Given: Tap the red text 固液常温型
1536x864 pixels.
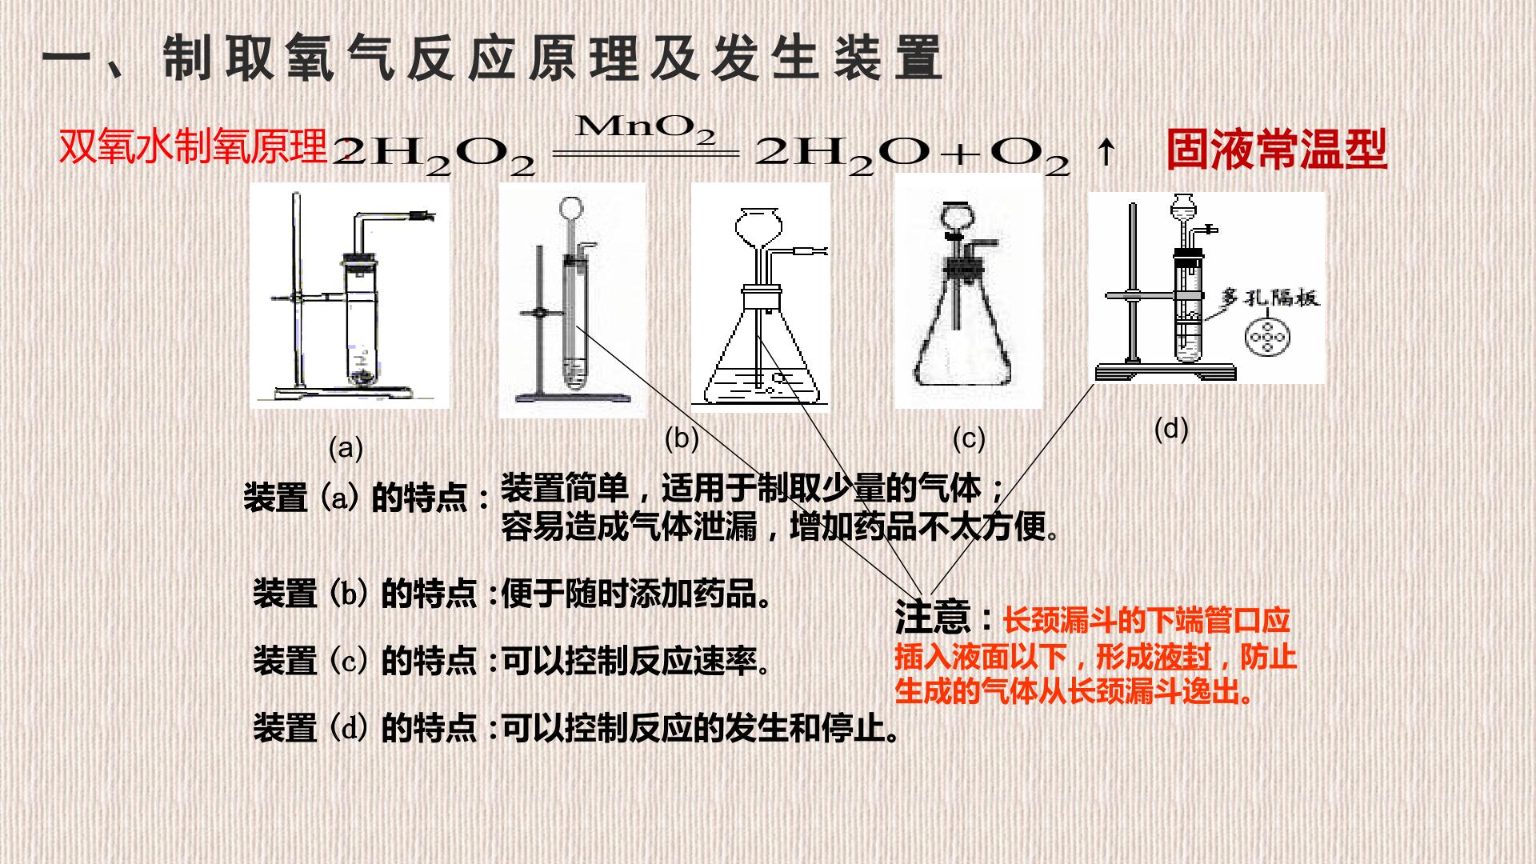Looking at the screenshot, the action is point(1276,150).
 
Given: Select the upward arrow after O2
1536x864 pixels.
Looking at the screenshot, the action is point(1106,151).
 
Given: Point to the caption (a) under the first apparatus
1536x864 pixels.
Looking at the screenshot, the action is point(346,447).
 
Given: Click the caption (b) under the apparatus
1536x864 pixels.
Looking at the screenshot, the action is point(682,438).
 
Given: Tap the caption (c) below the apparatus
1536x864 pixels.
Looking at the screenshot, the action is point(969,438).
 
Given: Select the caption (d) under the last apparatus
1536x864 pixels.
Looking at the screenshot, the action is point(1171,429).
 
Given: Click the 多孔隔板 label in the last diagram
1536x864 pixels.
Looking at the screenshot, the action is point(1270,298).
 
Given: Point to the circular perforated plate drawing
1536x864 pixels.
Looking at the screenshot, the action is point(1266,337).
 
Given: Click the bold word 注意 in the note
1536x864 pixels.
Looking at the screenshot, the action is point(933,616).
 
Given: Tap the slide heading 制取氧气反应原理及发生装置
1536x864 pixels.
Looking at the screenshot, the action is point(552,58).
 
